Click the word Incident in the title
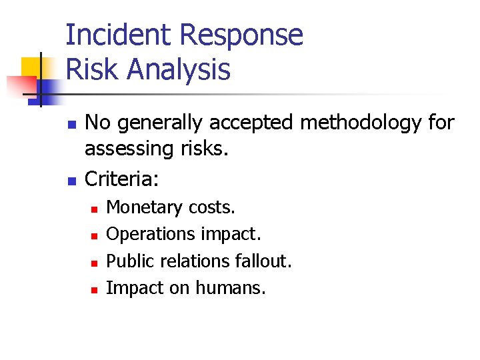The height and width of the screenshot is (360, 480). pyautogui.click(x=117, y=35)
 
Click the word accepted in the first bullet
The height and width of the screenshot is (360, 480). pyautogui.click(x=254, y=123)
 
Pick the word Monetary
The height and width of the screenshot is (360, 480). pyautogui.click(x=142, y=208)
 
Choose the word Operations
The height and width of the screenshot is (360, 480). pyautogui.click(x=150, y=235)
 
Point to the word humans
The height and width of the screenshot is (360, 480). pyautogui.click(x=230, y=288)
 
